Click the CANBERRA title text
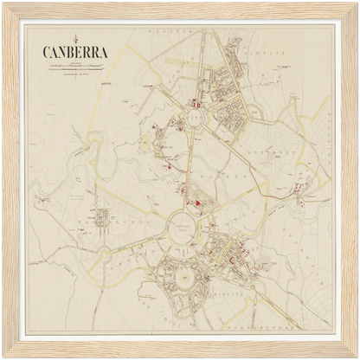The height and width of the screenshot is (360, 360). pos(75,51)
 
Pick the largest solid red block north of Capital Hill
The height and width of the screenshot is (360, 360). pos(198,203)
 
